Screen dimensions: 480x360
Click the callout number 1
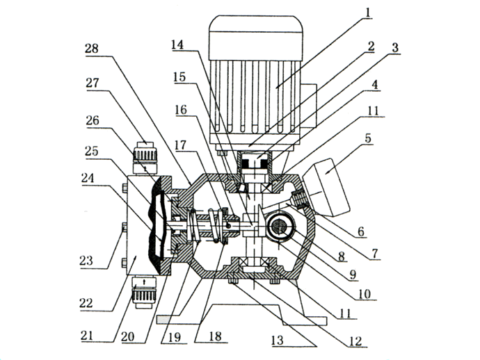368,13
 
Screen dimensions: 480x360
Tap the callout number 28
92,49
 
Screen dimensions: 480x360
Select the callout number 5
368,138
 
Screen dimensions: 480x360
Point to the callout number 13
278,340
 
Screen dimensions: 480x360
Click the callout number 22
86,304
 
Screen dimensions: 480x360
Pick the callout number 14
177,44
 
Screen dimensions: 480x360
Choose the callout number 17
180,145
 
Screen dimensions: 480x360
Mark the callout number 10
365,294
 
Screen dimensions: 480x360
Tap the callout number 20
128,336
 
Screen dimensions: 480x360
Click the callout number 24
88,178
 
